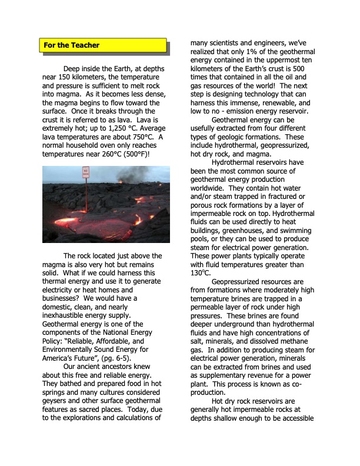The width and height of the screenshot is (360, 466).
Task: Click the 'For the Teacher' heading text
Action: (x=71, y=45)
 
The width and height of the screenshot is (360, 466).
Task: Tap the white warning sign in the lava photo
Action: (x=86, y=174)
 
